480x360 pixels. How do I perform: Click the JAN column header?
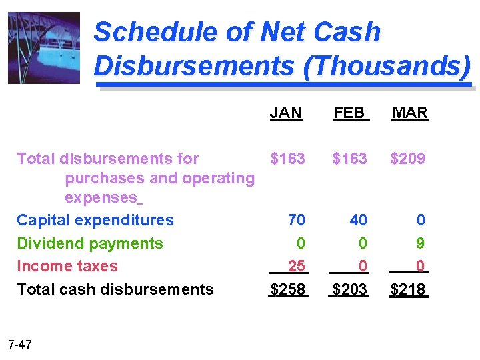tap(286, 113)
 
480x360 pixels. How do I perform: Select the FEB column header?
tap(349, 113)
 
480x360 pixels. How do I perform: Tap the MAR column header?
tap(409, 113)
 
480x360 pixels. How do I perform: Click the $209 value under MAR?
tap(408, 159)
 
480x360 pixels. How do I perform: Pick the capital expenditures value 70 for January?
tap(296, 220)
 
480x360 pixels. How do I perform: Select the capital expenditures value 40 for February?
tap(359, 220)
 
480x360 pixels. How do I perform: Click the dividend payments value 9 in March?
tap(420, 243)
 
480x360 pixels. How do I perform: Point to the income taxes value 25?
tap(296, 267)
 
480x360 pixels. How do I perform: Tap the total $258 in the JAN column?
tap(287, 289)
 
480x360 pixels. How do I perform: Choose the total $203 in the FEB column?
tap(350, 289)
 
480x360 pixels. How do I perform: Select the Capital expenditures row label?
tap(95, 220)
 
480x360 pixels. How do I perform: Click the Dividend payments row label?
tap(89, 243)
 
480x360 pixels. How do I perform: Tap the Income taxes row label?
tap(67, 266)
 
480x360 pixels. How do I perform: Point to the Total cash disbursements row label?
tap(115, 289)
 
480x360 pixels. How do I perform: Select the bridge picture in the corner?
tap(43, 48)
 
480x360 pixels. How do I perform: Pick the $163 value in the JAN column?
tap(287, 159)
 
